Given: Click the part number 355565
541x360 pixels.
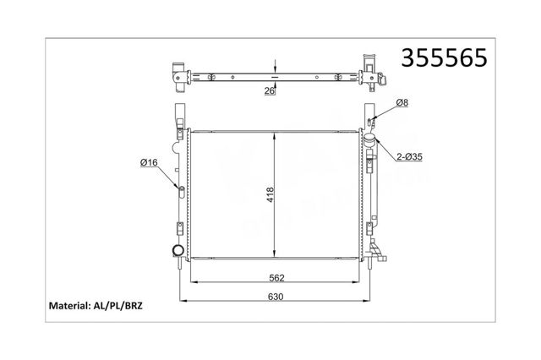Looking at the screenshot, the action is (x=444, y=57).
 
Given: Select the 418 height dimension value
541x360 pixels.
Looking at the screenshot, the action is (x=270, y=194).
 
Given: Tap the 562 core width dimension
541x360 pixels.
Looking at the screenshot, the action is (x=276, y=277).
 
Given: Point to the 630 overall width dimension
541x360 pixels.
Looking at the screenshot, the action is (x=276, y=297).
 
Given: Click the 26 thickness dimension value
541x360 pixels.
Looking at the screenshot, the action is (x=270, y=91).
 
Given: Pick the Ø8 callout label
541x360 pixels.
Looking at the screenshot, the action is (x=402, y=102).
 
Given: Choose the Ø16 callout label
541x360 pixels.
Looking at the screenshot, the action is (x=149, y=162).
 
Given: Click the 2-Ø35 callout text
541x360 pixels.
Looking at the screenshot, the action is (x=409, y=157).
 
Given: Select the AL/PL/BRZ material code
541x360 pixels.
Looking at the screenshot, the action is (x=117, y=306).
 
